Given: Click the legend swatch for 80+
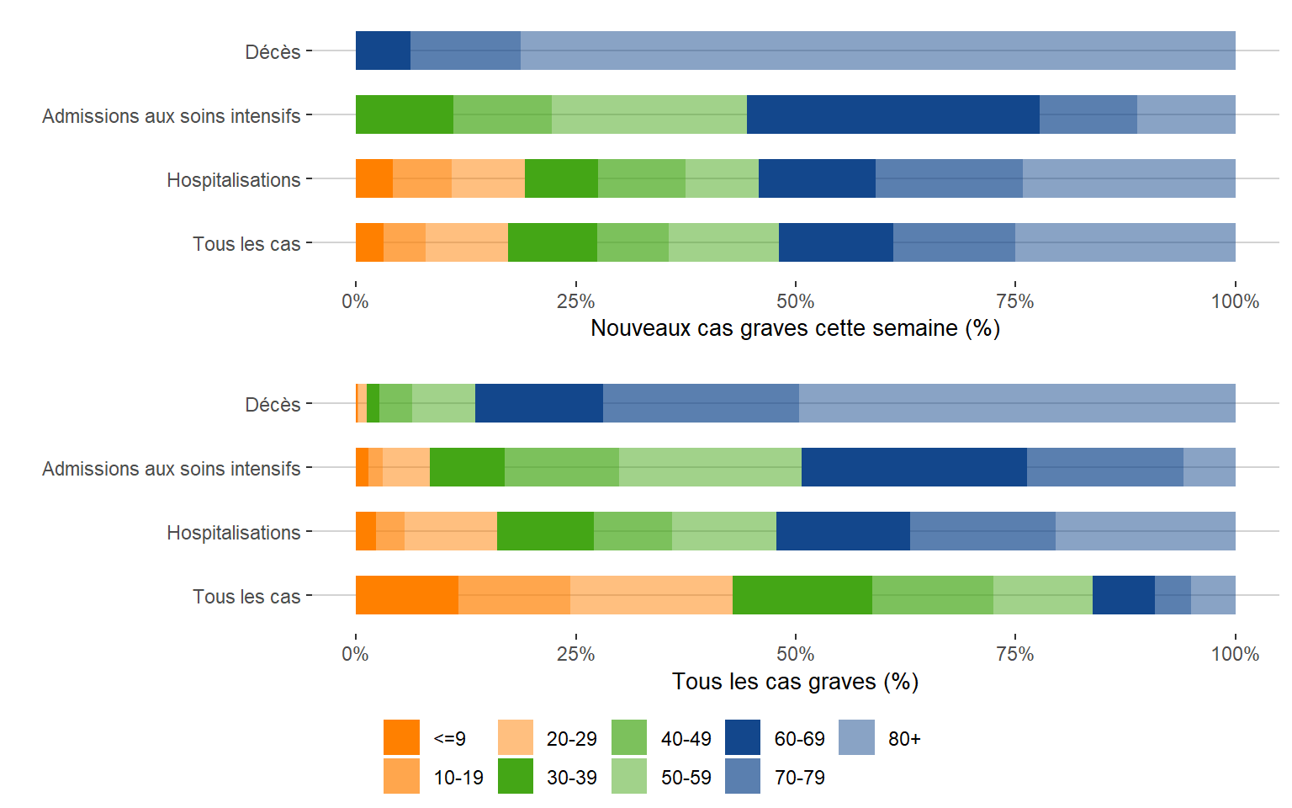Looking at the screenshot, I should coord(856,737).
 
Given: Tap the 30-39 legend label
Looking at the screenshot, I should coord(571,777).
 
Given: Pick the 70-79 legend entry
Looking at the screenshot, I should coord(799,777).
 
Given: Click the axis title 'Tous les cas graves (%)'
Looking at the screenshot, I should coord(795,681).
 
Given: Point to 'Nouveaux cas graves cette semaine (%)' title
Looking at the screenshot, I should coord(795,327).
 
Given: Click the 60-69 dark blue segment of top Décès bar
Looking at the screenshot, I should coord(383,50).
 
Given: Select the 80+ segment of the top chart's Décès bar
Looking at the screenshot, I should coord(877,50).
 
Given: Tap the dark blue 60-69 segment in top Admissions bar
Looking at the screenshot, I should coord(892,114).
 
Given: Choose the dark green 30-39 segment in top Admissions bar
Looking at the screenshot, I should coord(404,114).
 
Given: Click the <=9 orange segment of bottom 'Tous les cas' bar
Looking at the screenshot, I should coord(406,595).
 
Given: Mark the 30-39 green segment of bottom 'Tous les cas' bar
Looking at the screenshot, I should coord(802,595).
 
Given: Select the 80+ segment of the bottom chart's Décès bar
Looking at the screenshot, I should coord(1017,403).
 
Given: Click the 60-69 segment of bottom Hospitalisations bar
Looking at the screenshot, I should coord(843,531).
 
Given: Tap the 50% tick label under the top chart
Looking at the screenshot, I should coord(795,301).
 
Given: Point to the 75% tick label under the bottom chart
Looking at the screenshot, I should coord(1014,654).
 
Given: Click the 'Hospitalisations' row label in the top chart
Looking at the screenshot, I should coord(233,179).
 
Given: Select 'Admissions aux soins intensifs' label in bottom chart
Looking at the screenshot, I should coord(171,468).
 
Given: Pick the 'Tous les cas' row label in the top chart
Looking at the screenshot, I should coord(246,243).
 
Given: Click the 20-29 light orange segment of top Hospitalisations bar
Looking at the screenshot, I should coord(488,178).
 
